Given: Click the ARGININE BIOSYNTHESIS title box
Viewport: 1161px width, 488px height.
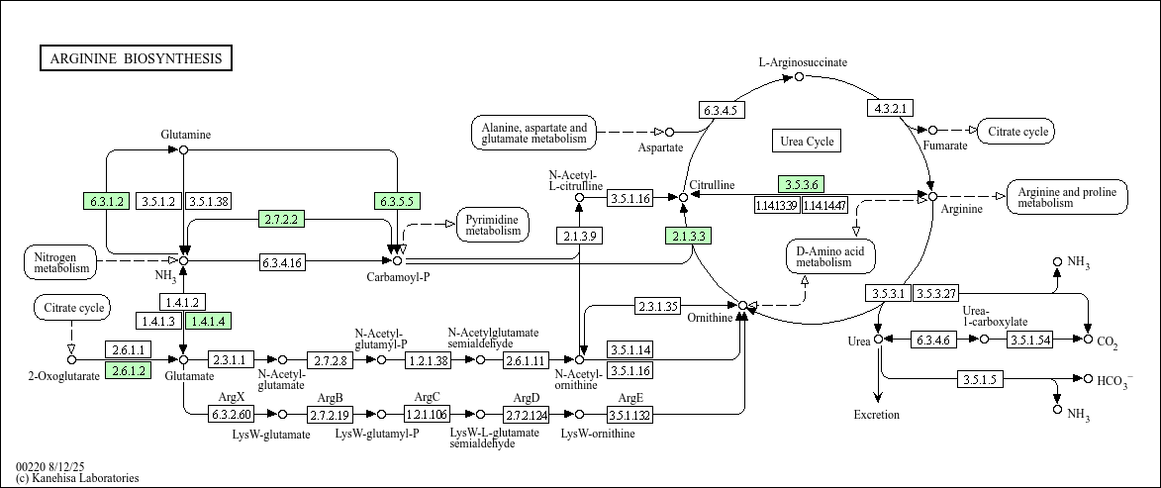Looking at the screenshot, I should pyautogui.click(x=136, y=58).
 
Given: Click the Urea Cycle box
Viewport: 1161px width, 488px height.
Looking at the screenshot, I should pyautogui.click(x=807, y=142).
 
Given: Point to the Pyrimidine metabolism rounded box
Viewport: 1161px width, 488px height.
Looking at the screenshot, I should pyautogui.click(x=493, y=225).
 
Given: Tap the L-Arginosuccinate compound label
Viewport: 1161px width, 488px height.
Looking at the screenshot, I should pyautogui.click(x=803, y=62).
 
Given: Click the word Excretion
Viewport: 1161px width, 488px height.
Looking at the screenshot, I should pyautogui.click(x=877, y=415).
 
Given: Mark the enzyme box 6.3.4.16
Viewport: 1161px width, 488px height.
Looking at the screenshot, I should pyautogui.click(x=282, y=262).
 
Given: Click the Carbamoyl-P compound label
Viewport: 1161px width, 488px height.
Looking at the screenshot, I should pyautogui.click(x=398, y=277).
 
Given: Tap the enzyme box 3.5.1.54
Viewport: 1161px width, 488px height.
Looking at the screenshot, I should pyautogui.click(x=1031, y=340).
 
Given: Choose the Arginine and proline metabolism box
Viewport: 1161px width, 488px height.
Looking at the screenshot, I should pyautogui.click(x=1067, y=197).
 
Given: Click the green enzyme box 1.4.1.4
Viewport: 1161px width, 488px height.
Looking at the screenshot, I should pyautogui.click(x=208, y=321).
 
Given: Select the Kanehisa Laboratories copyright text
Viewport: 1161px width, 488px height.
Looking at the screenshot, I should pyautogui.click(x=77, y=478).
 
